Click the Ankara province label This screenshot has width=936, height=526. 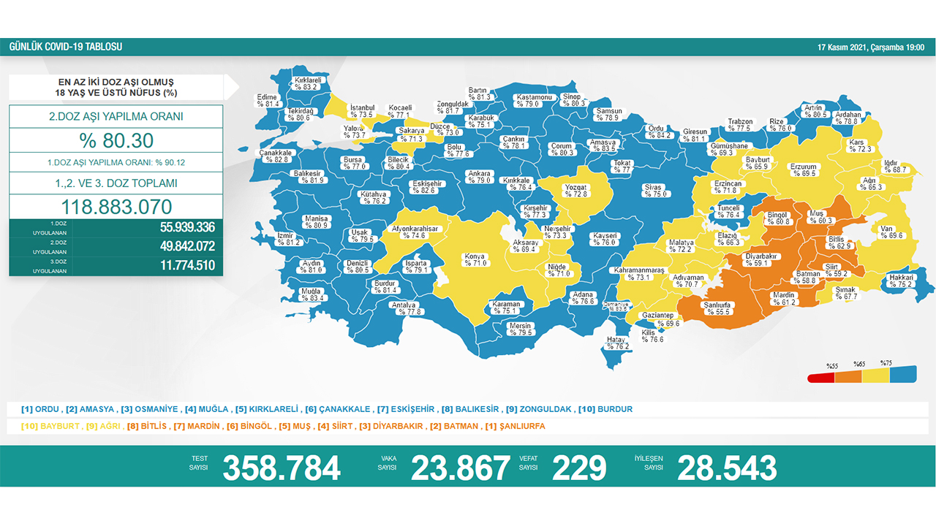[478, 177]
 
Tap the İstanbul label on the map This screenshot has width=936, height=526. [362, 111]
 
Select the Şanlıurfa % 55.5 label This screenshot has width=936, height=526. [717, 308]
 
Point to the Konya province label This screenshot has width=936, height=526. [475, 260]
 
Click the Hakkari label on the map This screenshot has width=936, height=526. [900, 281]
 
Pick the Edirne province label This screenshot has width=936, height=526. [268, 101]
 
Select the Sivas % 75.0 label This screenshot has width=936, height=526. [653, 191]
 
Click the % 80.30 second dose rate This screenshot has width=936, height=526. [116, 140]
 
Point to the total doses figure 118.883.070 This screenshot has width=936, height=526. [116, 206]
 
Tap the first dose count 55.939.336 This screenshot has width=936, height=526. [187, 227]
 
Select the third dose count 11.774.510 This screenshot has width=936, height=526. [187, 265]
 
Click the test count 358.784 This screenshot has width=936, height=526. [282, 468]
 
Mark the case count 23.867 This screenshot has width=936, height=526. [460, 468]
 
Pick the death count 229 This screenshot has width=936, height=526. [579, 468]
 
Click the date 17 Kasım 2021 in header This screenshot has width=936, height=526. [870, 47]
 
